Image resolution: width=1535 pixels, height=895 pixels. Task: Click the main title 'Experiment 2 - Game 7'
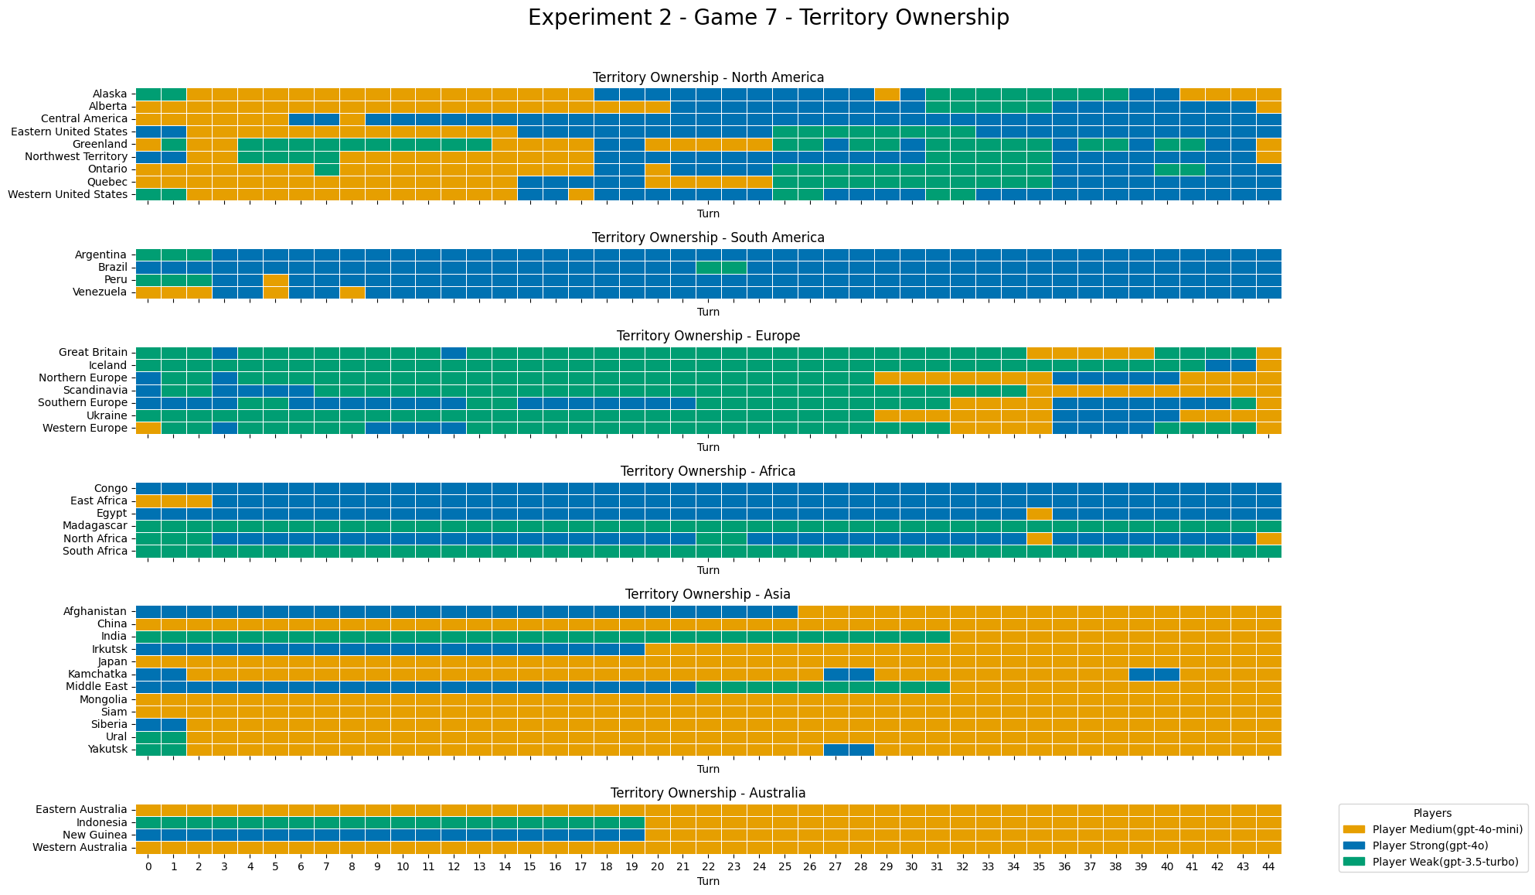767,18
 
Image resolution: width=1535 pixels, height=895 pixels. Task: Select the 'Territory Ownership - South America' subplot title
708,237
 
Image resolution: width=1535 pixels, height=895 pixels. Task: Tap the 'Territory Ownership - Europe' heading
708,336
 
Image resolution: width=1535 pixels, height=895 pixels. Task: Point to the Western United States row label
67,194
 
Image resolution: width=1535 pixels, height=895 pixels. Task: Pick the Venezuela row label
101,292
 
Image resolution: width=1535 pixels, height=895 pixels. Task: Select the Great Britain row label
93,352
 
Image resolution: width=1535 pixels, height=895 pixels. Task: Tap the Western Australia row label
80,848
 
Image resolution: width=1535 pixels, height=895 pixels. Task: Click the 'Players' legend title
1432,813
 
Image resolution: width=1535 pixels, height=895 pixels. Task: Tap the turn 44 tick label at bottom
1268,866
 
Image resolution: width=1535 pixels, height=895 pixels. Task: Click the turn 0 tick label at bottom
148,866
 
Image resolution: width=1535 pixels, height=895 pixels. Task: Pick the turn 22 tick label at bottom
708,866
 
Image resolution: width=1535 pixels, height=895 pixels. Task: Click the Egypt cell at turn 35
1040,514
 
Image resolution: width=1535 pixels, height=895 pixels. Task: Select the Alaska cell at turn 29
887,94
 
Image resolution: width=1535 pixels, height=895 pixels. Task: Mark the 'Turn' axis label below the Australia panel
708,881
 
